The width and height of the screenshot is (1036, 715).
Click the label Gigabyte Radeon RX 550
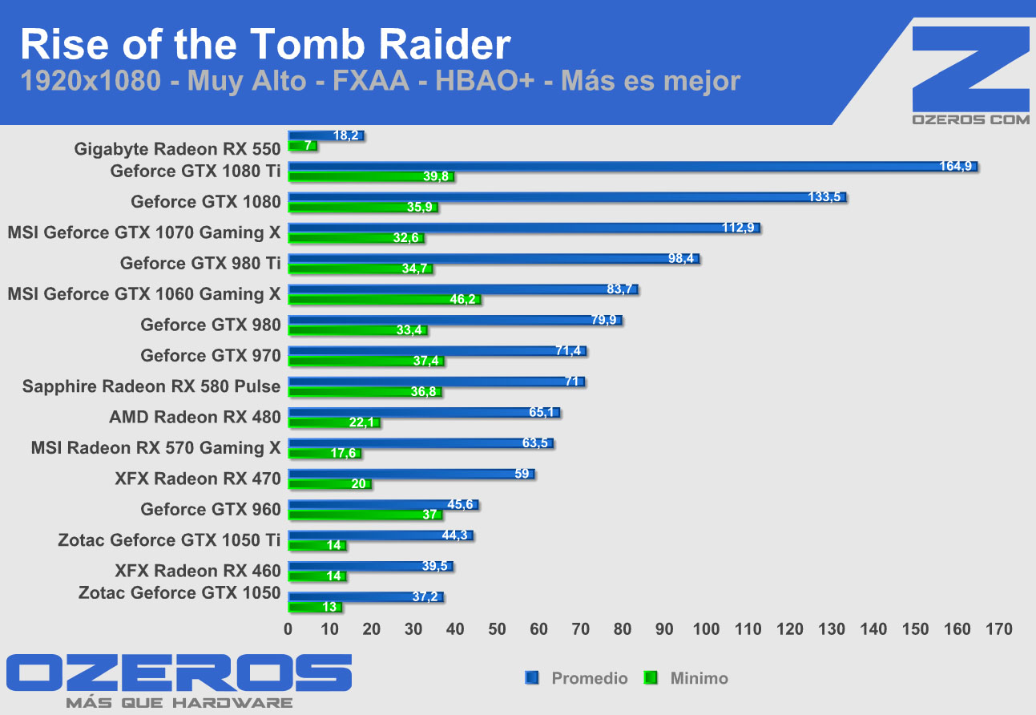177,149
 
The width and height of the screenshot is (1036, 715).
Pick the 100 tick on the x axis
706,629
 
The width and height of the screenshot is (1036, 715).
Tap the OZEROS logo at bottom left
178,673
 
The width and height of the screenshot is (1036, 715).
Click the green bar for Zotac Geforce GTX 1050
314,608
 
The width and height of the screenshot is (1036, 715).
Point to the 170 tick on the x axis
998,629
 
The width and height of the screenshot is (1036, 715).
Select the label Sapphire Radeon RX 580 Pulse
151,386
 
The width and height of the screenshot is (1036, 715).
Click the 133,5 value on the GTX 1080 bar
824,197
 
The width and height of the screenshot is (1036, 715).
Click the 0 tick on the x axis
288,629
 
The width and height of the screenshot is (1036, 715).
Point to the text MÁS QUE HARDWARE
179,703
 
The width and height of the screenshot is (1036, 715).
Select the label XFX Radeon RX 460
198,571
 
